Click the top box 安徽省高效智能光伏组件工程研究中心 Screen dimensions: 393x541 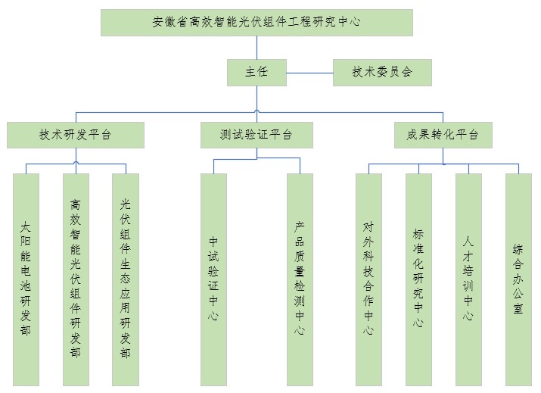257,22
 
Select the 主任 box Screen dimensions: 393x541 256,73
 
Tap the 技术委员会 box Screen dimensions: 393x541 382,73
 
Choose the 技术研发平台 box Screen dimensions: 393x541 76,135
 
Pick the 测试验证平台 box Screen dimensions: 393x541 256,135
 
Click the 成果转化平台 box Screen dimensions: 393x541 443,135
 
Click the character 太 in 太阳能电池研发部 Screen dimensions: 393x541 26,226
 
